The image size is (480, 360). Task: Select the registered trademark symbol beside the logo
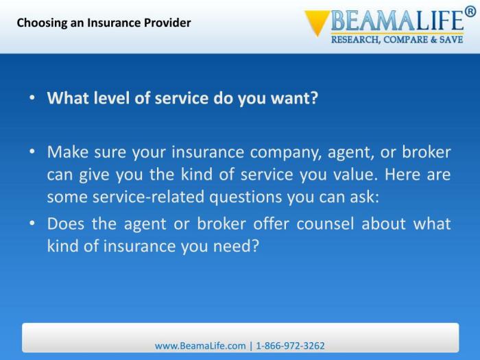[470, 11]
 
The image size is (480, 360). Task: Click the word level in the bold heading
[110, 97]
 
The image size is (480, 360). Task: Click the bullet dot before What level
[32, 97]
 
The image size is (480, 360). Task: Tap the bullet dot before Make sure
[32, 152]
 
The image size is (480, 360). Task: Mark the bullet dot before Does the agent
[32, 224]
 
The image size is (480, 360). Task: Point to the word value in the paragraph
[353, 174]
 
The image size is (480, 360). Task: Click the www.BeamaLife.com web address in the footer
[200, 346]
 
